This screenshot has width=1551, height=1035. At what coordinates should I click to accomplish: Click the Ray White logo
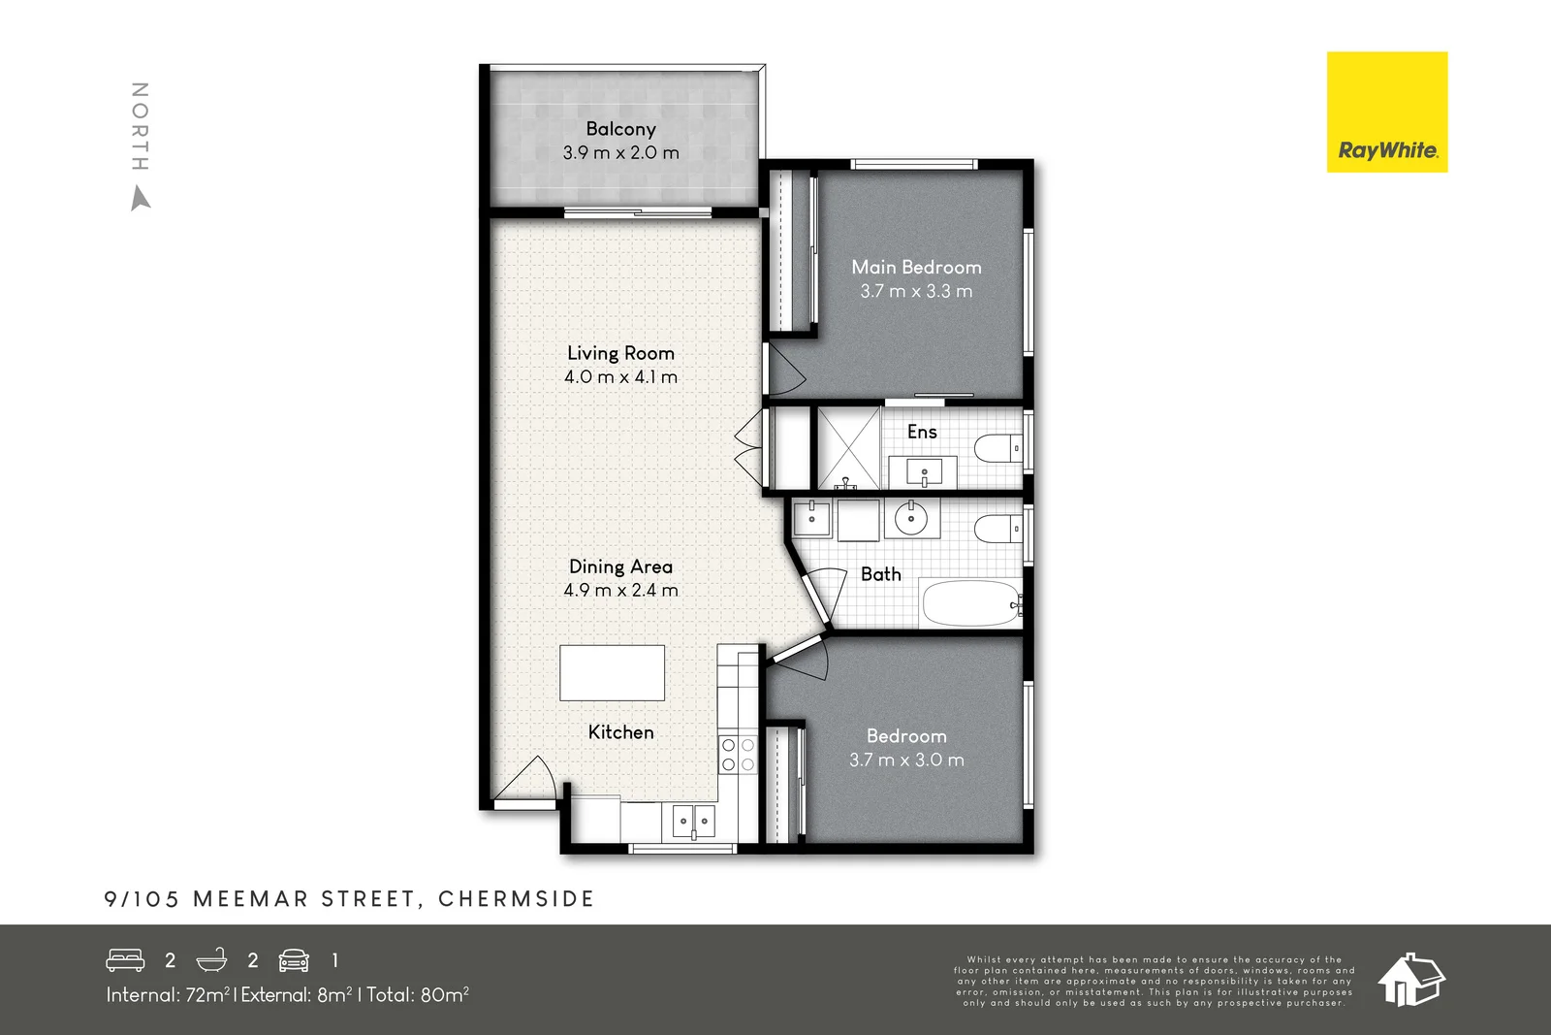pos(1386,113)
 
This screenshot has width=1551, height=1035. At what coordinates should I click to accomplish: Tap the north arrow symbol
pos(141,199)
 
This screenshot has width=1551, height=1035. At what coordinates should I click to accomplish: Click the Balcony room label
pos(620,129)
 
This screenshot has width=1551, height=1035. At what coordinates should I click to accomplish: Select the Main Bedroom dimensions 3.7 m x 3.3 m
pos(916,291)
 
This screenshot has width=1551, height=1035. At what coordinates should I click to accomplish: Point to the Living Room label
pos(620,353)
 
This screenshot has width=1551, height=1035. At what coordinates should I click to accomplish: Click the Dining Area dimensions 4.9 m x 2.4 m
pos(620,590)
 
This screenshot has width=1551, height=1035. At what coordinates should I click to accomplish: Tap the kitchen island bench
pos(612,672)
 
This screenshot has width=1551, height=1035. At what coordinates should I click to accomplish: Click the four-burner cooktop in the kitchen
pos(738,755)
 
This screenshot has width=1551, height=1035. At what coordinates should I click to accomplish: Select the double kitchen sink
pos(693,822)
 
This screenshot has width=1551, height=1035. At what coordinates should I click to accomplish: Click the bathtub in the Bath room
pos(970,603)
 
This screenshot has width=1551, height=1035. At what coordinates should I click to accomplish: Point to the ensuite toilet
pos(997,449)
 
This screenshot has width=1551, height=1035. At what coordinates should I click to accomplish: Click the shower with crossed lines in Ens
pos(848,447)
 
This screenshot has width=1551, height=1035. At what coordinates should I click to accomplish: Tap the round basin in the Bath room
pos(911,519)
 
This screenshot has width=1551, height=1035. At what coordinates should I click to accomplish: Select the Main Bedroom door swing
pos(785,369)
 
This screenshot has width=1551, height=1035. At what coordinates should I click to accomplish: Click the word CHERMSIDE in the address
pos(516,899)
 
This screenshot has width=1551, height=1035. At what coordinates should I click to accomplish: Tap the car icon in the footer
pos(294,960)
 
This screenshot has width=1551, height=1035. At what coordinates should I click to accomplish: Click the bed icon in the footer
pos(125,960)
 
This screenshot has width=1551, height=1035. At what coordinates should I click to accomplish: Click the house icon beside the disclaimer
pos(1410,979)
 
